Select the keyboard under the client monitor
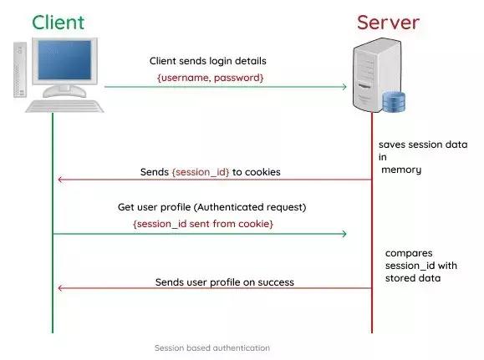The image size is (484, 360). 64,107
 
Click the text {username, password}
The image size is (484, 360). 211,77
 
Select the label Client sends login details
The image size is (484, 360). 207,61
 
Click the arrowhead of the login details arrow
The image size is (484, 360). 343,86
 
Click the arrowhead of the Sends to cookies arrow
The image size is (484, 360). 59,180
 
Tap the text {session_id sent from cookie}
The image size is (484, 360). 203,224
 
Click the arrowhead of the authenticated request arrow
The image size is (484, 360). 343,233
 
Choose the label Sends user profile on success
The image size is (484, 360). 224,282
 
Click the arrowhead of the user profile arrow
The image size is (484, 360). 59,289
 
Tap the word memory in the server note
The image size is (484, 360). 401,170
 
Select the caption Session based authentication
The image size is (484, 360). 211,347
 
